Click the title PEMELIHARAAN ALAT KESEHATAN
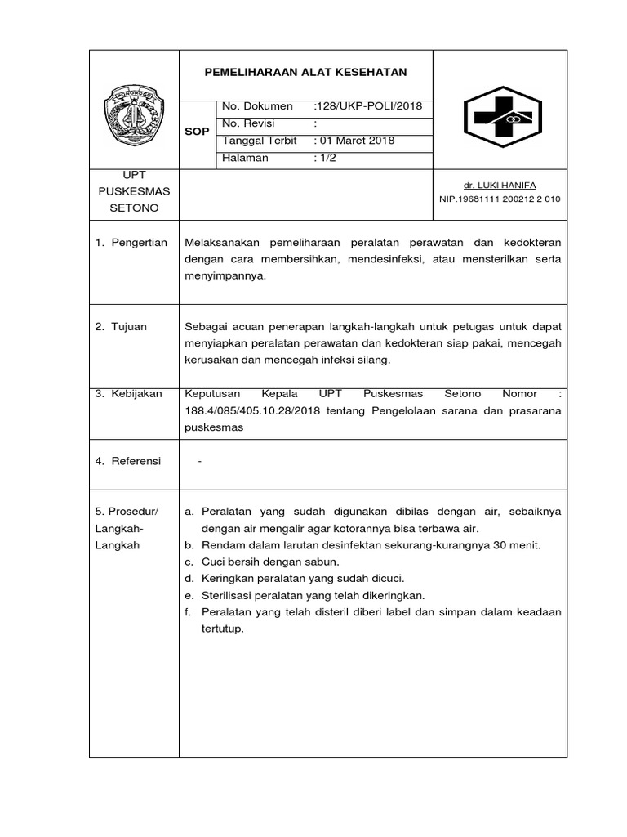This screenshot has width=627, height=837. click(x=305, y=73)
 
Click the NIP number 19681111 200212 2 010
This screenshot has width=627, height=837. click(x=500, y=199)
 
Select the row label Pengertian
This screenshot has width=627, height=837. click(x=139, y=243)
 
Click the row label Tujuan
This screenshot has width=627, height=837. click(x=130, y=327)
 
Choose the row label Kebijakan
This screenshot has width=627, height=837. click(x=137, y=394)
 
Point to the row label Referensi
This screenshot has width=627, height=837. click(x=137, y=461)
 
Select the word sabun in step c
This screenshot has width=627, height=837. click(x=322, y=562)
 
